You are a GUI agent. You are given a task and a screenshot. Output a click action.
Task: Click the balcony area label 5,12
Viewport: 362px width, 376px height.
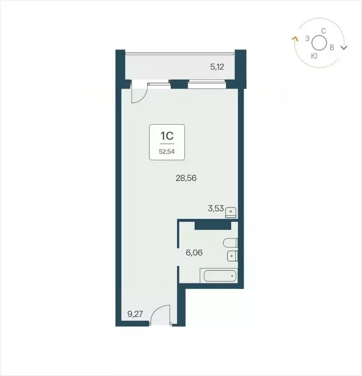217,67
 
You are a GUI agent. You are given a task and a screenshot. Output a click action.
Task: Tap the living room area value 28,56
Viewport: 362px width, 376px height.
186,179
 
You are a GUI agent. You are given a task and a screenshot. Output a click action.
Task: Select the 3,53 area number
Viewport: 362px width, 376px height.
216,209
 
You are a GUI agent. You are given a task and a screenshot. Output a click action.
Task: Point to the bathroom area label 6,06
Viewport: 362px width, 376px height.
194,253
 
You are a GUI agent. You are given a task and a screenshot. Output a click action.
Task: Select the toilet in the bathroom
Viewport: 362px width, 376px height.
230,243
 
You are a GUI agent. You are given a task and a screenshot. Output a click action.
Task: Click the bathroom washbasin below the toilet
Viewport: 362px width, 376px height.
232,256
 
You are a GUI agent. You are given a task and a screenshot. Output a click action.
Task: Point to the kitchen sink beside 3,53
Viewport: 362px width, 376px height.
232,212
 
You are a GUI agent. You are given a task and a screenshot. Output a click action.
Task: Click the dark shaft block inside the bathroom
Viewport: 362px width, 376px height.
213,225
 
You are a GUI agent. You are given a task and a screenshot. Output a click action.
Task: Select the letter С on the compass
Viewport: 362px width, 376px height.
323,31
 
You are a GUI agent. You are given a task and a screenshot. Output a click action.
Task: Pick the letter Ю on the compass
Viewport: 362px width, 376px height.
314,56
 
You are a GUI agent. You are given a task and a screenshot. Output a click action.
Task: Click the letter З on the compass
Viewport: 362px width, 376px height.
307,38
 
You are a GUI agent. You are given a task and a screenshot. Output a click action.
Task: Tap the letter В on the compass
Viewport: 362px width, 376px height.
332,47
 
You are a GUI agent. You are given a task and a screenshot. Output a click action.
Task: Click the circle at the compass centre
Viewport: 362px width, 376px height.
319,43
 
